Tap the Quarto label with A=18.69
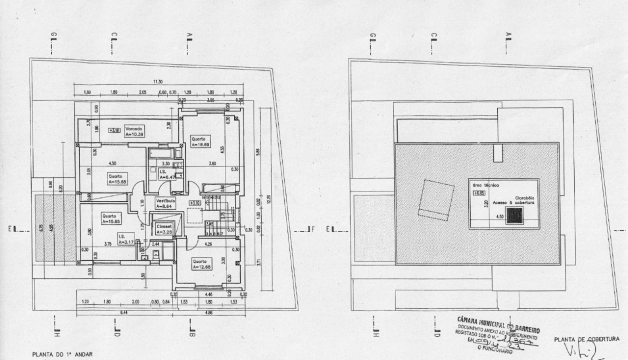pos(200,141)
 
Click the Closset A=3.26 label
pos(164,229)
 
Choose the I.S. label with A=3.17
pos(125,239)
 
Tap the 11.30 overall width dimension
pos(158,81)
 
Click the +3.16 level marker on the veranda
pos(114,130)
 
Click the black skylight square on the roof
pos(514,216)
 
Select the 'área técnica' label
pos(483,184)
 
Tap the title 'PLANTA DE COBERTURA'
pos(586,339)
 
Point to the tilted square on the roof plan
pos(435,199)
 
